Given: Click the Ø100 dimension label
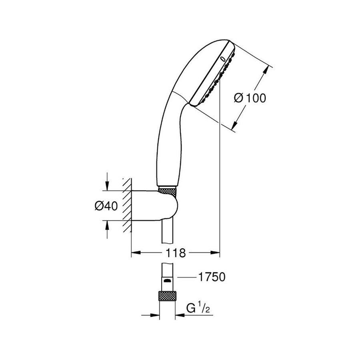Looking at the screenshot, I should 250,97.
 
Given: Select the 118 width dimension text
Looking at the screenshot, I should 176,253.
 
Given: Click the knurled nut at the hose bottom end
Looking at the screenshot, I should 168,296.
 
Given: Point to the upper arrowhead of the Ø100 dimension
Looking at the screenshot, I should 265,71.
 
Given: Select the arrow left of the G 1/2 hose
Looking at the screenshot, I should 156,315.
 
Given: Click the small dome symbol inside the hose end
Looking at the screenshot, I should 168,282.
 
